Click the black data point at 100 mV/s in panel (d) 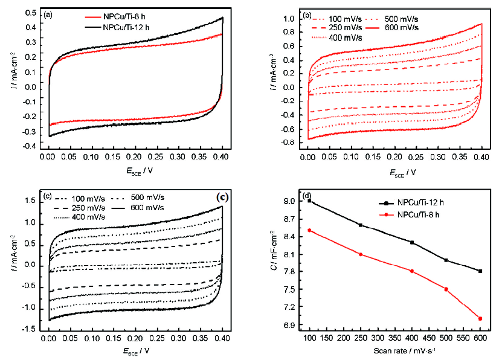[x=309, y=201]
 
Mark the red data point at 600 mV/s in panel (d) [x=480, y=318]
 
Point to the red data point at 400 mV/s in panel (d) [x=412, y=271]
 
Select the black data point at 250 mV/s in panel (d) [x=361, y=225]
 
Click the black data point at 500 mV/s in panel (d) [x=446, y=260]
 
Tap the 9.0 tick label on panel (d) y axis [x=291, y=201]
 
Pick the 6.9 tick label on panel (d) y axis [x=291, y=326]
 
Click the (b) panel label [x=307, y=13]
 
